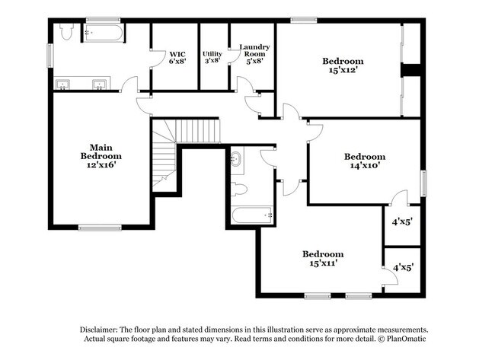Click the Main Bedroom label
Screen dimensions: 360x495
click(102, 151)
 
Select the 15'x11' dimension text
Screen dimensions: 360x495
click(322, 263)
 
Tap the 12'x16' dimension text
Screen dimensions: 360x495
click(102, 164)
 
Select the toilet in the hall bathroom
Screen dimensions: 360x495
click(238, 188)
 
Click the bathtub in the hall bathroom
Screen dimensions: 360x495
click(252, 215)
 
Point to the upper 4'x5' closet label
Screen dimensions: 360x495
click(402, 222)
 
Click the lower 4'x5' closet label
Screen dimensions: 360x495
click(402, 268)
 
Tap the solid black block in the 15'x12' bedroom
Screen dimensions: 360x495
click(411, 70)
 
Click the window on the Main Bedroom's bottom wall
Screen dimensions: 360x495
click(100, 227)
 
